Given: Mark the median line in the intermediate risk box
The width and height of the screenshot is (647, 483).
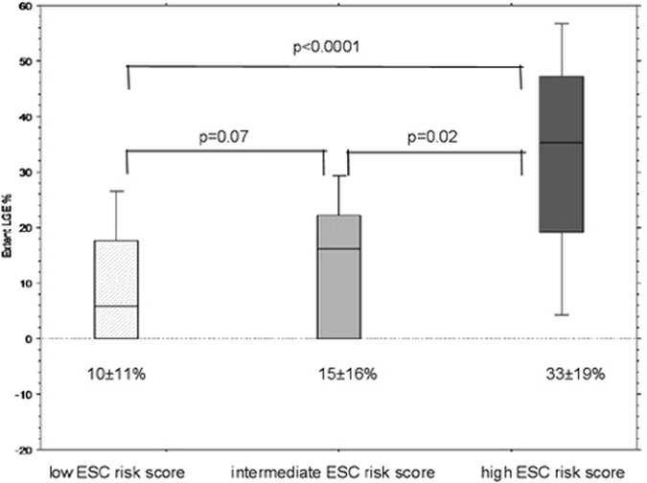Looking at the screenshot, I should [x=338, y=249].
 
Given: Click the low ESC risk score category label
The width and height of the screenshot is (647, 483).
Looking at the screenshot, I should [x=116, y=472].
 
